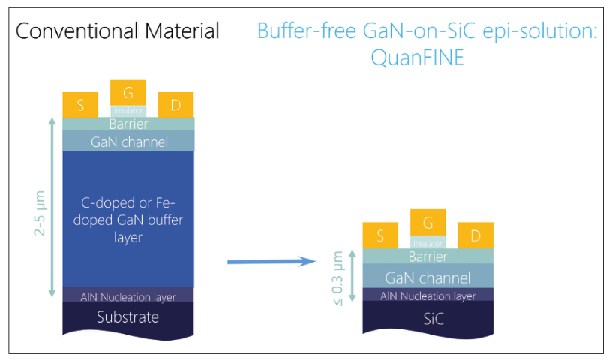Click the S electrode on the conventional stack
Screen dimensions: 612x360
coord(80,105)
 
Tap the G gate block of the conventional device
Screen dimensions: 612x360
coord(128,92)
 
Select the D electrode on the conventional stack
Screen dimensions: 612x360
coord(175,105)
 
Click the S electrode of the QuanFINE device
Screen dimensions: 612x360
coord(380,235)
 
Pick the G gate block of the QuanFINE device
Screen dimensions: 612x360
coord(428,223)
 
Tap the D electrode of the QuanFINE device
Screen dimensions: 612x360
coord(475,235)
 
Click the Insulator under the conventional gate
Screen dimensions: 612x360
coord(128,111)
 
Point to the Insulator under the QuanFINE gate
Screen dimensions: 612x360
coord(427,242)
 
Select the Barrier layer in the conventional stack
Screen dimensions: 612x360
coord(128,124)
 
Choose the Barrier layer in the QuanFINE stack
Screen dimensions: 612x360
coord(428,256)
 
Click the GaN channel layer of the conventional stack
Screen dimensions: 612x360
coord(128,141)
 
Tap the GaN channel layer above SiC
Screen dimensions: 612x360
coord(428,277)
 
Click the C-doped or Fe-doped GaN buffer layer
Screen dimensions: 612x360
coord(128,220)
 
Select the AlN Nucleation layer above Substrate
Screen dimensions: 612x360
coord(128,295)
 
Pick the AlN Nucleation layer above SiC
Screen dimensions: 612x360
coord(428,295)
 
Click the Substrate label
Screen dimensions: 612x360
coord(128,317)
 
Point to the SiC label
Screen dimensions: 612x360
coord(433,319)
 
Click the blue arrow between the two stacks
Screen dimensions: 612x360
coord(271,262)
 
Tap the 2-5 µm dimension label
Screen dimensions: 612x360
coord(40,213)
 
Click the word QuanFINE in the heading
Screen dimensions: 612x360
coord(417,58)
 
